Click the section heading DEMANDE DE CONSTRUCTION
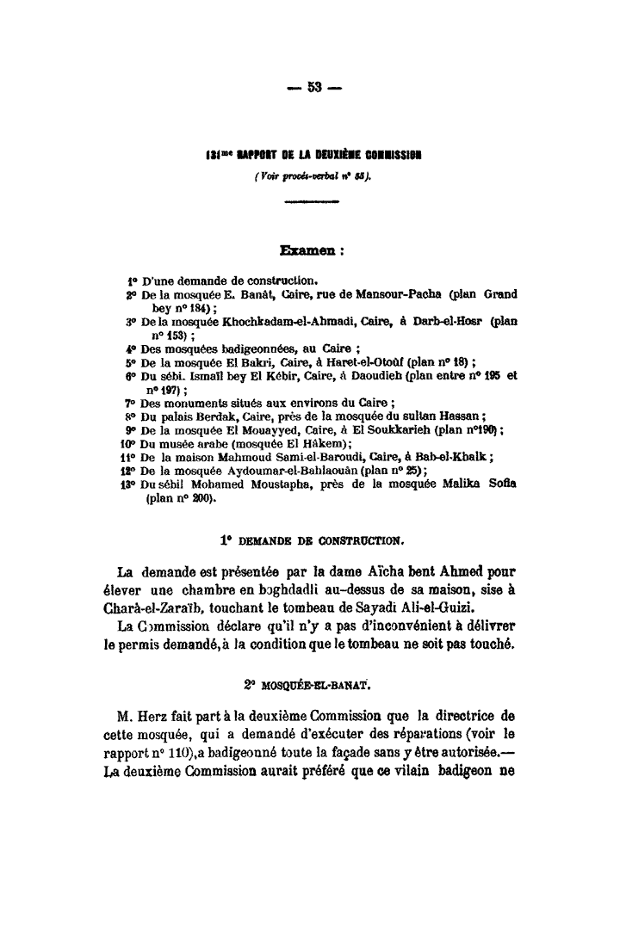pyautogui.click(x=319, y=541)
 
